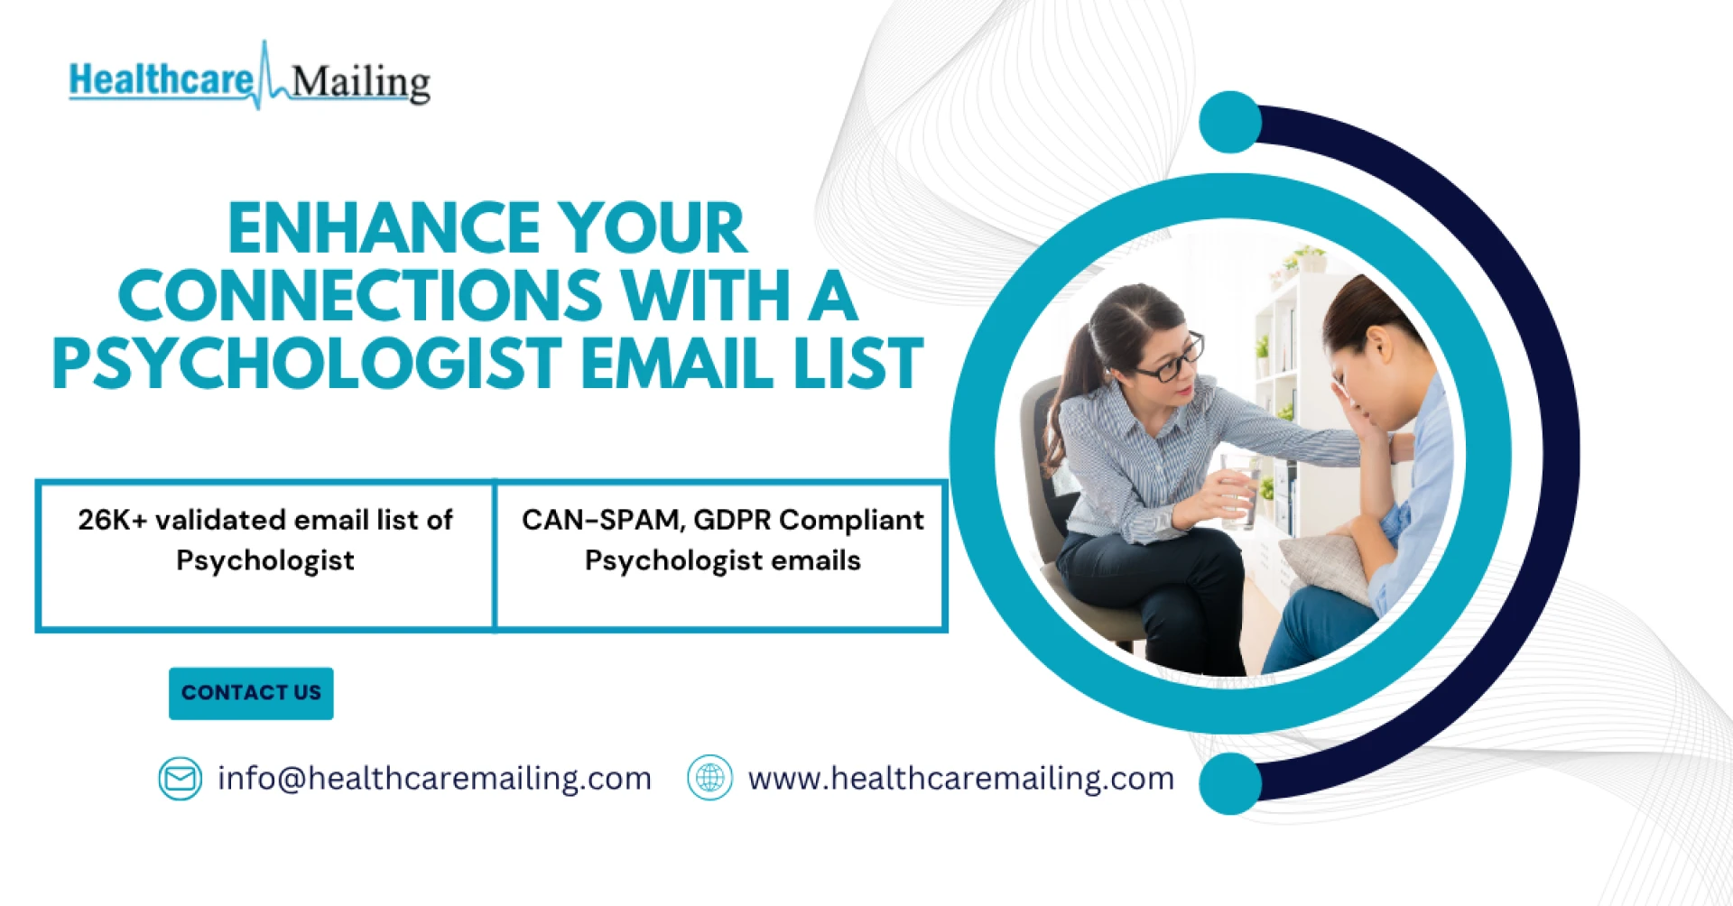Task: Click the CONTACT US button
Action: (x=251, y=693)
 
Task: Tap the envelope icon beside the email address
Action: (x=181, y=778)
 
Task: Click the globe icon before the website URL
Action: (x=710, y=778)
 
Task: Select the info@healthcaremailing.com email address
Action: (x=434, y=778)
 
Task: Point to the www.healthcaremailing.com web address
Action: (x=961, y=778)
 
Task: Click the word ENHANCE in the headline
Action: (x=383, y=227)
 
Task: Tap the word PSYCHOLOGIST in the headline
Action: (x=308, y=363)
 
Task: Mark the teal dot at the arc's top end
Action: (x=1230, y=122)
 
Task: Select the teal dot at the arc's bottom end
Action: (x=1230, y=783)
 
